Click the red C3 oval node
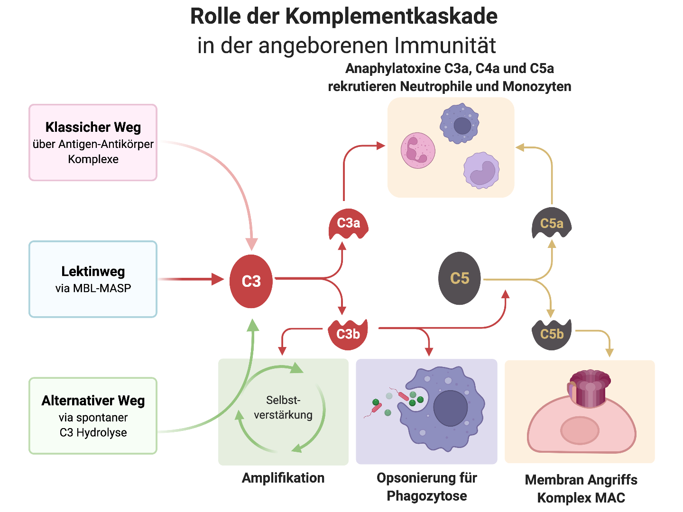coord(251,281)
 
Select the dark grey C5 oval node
coord(459,278)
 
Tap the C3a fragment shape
coord(349,224)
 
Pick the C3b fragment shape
coord(348,334)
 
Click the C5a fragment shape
coord(552,223)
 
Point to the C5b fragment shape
coord(552,334)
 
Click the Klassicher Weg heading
coord(93,127)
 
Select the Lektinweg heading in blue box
coord(93,271)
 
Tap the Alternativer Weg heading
coord(93,401)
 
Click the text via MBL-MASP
coord(93,288)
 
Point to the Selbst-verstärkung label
coord(283,408)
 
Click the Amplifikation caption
coord(283,478)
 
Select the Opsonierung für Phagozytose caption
coord(427,487)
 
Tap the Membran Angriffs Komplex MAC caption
coord(581,489)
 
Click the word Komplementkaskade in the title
coord(391,17)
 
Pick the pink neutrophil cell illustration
coord(418,150)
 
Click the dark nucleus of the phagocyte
coord(450,408)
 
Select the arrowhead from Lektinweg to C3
coord(218,279)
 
